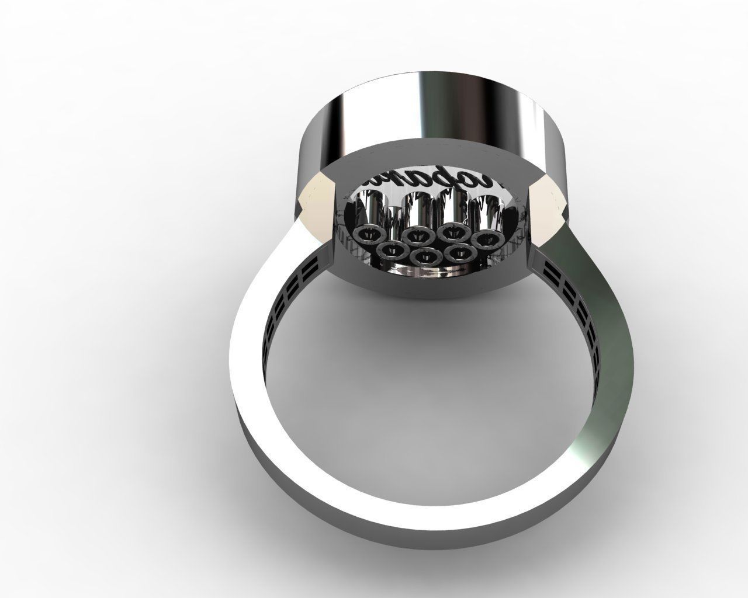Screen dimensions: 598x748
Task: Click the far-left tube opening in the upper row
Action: pos(366,235)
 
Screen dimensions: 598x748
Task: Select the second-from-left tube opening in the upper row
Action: pos(415,235)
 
